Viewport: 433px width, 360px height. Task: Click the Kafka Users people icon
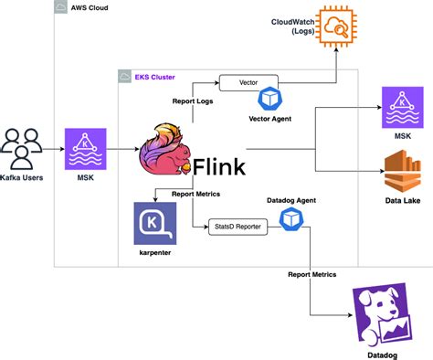point(22,146)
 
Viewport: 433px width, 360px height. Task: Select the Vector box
point(248,82)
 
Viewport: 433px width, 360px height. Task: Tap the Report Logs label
point(193,102)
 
